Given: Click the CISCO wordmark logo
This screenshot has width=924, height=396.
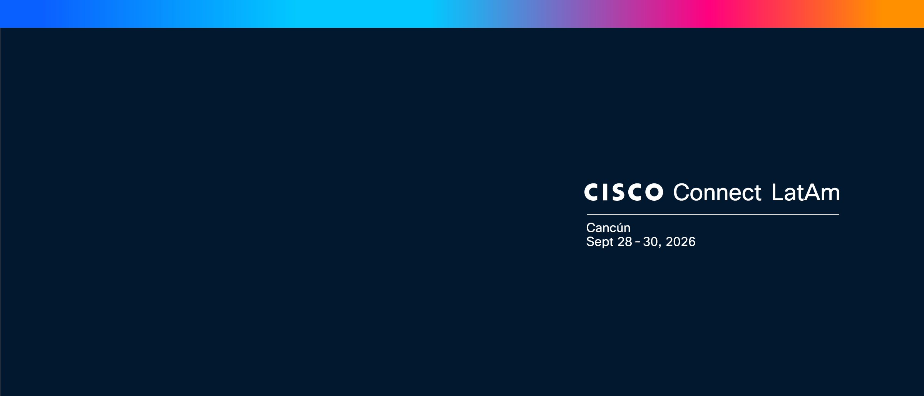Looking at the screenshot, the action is point(624,192).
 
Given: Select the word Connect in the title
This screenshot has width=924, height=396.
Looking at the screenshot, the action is point(717,192).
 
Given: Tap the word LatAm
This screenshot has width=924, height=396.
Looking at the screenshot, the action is point(805,192).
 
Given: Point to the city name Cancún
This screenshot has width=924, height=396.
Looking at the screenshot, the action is point(608,228).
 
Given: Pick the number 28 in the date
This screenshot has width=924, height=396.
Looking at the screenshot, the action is point(625,242).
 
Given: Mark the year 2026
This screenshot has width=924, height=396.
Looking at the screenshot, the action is point(680,242).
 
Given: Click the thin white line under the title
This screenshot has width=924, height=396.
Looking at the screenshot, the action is point(713,214).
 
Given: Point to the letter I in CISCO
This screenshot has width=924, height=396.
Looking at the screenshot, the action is point(604,192).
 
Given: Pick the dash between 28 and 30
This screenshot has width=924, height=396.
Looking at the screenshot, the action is point(638,242).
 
